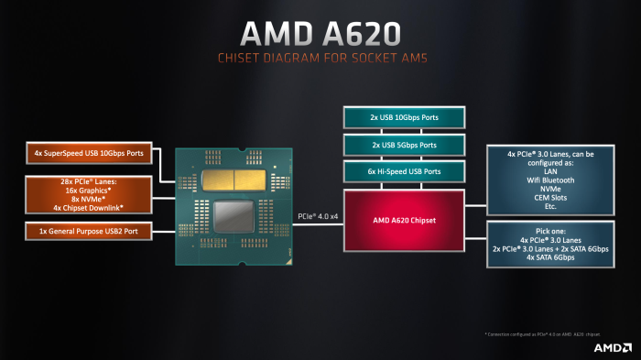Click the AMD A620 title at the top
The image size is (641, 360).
coord(320,33)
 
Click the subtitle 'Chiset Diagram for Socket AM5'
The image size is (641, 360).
coord(320,59)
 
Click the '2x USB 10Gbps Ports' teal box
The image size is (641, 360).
coord(403,117)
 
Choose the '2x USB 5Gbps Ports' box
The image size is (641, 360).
coord(403,145)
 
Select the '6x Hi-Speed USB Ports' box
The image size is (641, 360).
coord(403,171)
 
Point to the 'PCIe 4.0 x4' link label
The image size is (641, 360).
coord(319,216)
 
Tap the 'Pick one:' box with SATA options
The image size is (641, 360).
coord(549,243)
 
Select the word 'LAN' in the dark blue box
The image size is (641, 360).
coord(549,170)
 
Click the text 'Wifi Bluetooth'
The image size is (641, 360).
coord(549,180)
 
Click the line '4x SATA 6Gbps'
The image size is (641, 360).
coord(549,257)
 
